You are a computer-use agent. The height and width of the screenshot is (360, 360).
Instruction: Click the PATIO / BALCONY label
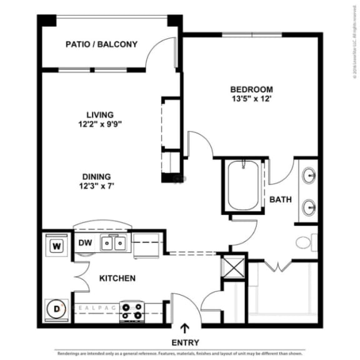101,44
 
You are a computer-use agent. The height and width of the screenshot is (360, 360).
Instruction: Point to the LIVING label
100,114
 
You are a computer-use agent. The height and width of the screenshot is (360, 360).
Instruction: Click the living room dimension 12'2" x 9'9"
100,124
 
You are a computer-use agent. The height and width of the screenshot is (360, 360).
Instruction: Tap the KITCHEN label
117,277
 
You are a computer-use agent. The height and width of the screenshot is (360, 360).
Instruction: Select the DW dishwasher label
86,243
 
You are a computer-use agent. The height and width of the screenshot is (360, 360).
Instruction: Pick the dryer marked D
56,309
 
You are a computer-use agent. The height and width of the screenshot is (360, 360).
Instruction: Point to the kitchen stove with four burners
132,311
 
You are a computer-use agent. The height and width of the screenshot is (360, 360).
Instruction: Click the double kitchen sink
114,244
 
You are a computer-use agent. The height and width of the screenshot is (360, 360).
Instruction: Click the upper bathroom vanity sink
308,176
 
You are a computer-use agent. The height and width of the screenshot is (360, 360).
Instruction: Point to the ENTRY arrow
185,327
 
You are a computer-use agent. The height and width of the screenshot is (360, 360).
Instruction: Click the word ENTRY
185,342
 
